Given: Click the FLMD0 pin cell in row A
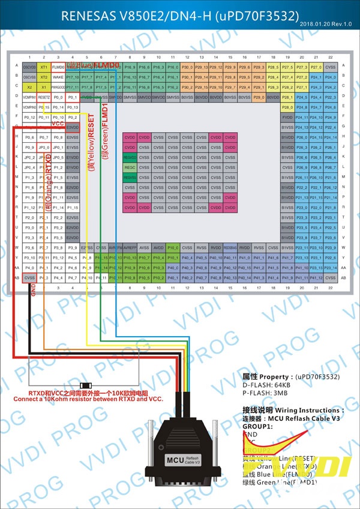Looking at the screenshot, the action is [x=58, y=67].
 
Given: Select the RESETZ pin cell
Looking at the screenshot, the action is [x=44, y=97].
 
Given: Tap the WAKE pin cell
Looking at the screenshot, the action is [x=58, y=77].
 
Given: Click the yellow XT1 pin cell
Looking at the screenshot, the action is [x=44, y=67].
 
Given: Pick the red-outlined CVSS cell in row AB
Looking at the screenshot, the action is [x=29, y=278].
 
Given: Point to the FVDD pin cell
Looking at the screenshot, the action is [x=287, y=117].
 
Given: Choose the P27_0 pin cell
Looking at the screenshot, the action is [x=316, y=67].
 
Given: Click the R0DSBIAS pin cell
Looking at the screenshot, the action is [x=230, y=247].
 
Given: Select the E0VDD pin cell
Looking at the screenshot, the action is [x=73, y=127].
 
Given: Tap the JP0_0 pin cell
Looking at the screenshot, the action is [x=44, y=147].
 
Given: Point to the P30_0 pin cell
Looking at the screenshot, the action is [x=187, y=67].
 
